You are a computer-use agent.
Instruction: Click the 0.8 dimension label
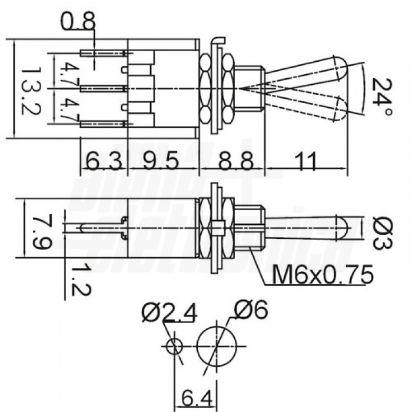point(79,23)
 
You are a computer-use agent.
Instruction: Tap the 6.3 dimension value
point(104,161)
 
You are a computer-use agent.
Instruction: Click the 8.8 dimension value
point(232,161)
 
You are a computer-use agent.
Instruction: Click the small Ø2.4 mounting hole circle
point(173,347)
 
